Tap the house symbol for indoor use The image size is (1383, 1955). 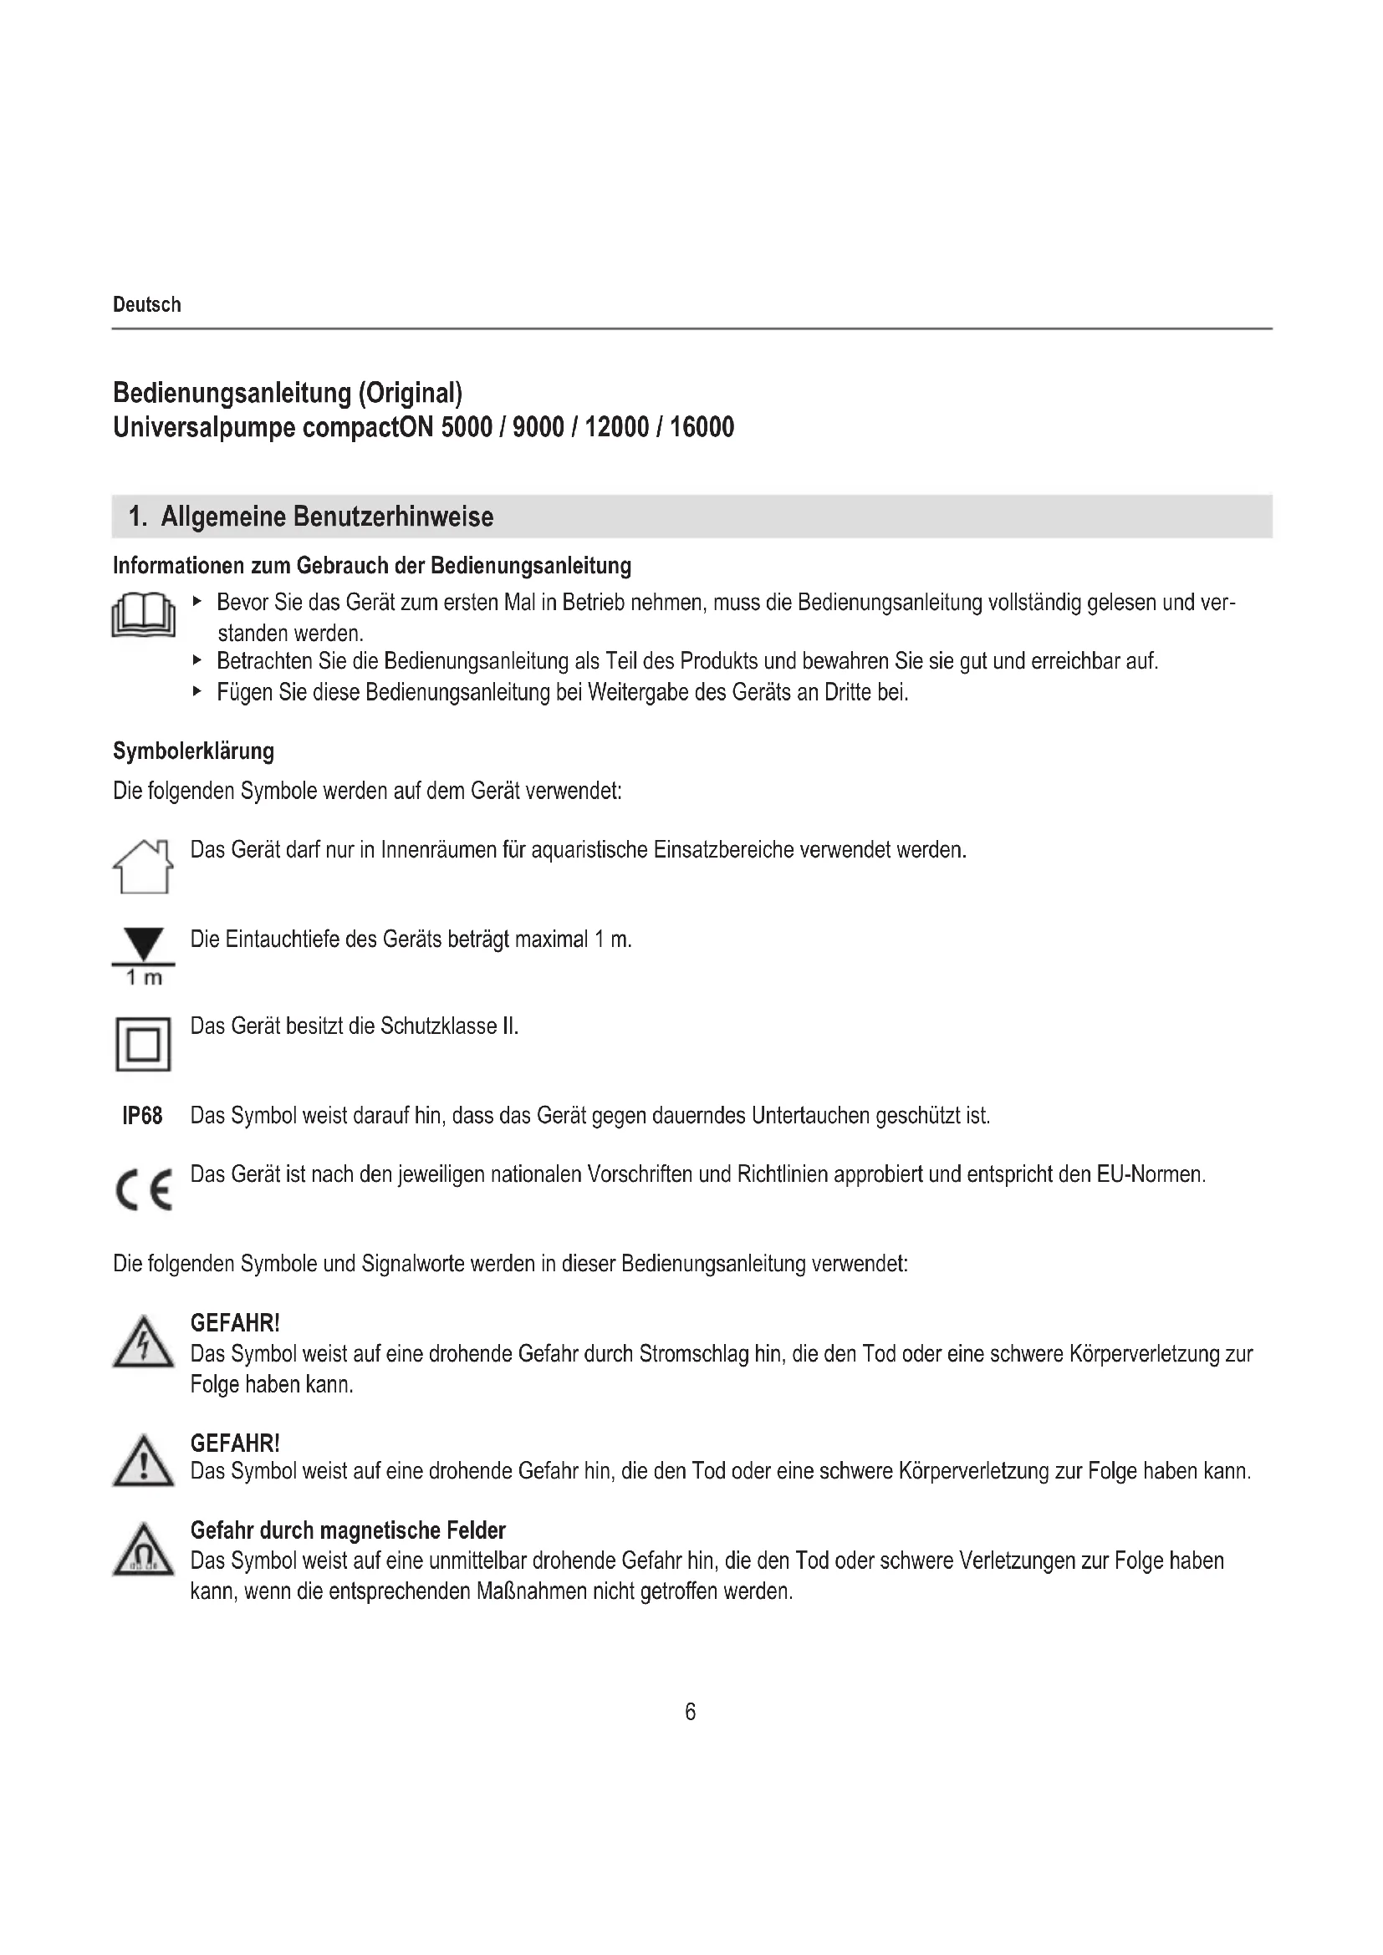[x=143, y=866]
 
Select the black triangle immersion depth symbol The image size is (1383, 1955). [x=143, y=945]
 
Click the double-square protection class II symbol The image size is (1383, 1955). [x=143, y=1044]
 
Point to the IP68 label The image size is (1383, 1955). [x=142, y=1116]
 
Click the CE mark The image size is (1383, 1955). [x=143, y=1189]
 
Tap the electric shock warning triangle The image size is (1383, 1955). [x=143, y=1345]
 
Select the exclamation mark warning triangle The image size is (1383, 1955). [x=143, y=1462]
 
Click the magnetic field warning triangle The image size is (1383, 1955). [x=143, y=1550]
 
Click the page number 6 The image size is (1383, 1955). [x=690, y=1712]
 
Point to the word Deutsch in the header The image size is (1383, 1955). [x=146, y=305]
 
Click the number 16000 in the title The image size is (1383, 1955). [x=702, y=426]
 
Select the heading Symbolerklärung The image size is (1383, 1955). [x=193, y=751]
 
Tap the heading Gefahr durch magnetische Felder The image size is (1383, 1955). [x=348, y=1530]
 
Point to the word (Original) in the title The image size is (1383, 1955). [x=410, y=394]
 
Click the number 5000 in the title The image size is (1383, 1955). [x=467, y=426]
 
